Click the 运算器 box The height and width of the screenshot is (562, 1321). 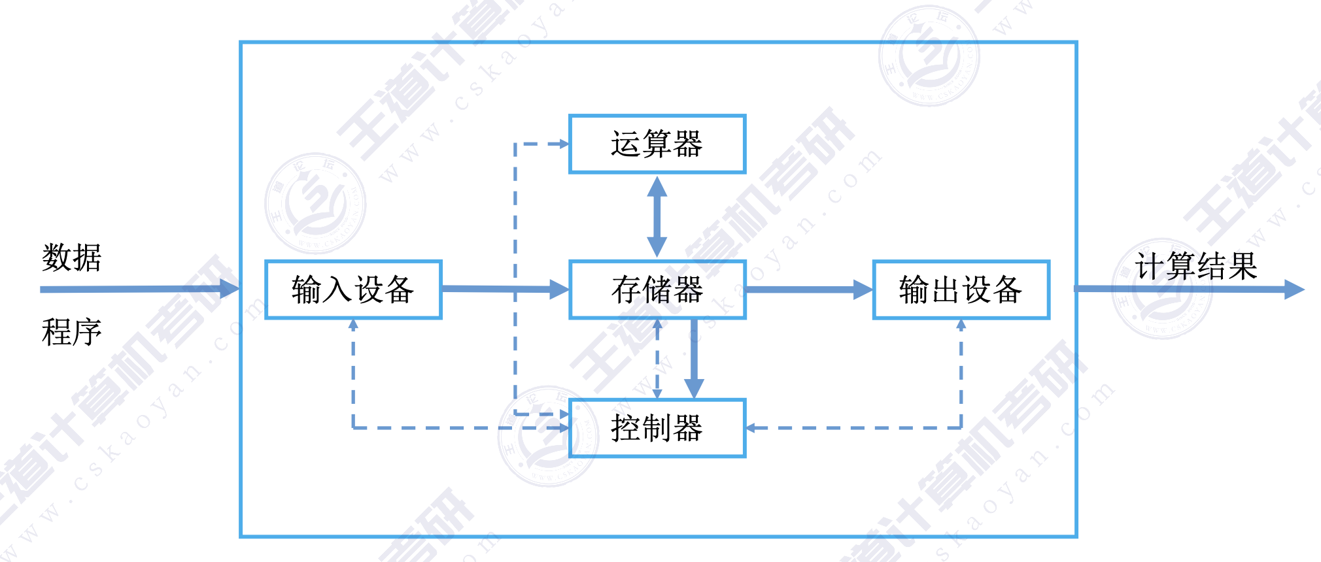657,144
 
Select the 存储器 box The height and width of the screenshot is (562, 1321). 657,289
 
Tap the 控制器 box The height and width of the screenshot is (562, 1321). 657,428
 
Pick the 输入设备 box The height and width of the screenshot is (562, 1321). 353,289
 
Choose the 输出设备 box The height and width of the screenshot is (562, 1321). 961,289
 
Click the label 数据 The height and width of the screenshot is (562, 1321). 72,257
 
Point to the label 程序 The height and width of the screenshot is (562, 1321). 72,332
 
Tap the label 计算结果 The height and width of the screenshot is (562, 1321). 1196,266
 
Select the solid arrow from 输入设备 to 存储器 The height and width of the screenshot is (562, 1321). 504,289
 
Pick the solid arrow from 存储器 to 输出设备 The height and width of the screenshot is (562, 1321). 808,289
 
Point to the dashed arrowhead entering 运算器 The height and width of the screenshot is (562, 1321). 563,144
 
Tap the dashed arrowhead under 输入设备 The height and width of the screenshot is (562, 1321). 353,324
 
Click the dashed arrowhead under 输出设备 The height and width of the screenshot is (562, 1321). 961,324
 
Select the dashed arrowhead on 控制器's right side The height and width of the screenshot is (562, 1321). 751,428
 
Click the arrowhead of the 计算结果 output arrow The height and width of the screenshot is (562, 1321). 1294,289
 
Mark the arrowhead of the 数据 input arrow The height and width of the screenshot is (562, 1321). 230,289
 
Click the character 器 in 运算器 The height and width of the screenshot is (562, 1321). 688,144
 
